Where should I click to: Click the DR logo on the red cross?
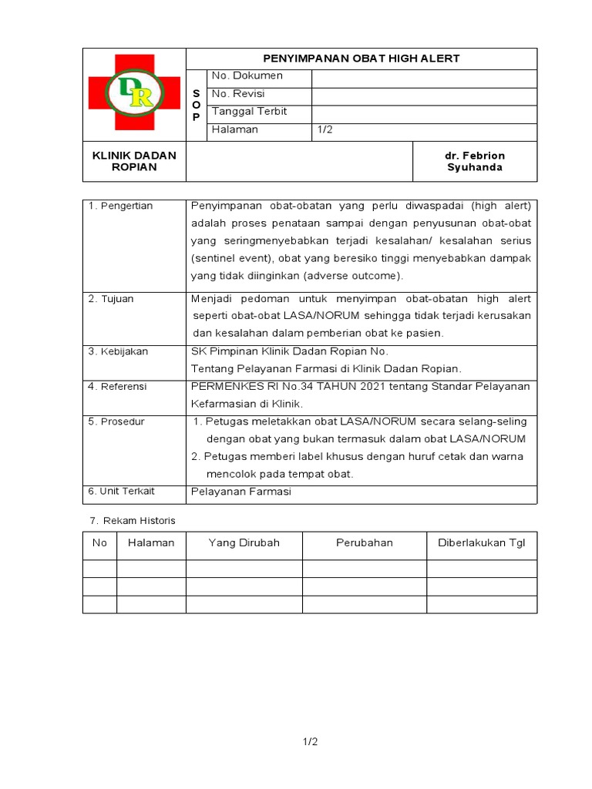[x=134, y=92]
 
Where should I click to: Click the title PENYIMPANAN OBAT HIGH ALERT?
[x=362, y=59]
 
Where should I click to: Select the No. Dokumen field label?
[x=247, y=76]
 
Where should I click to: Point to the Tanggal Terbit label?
[x=249, y=112]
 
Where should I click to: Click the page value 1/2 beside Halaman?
[x=325, y=129]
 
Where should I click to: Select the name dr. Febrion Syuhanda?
[x=476, y=161]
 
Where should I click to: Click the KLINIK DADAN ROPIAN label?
[x=134, y=161]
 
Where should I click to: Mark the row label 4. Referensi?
[x=117, y=387]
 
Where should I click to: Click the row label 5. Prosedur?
[x=116, y=422]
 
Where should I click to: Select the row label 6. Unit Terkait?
[x=121, y=492]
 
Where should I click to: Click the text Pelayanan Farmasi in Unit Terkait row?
[x=240, y=492]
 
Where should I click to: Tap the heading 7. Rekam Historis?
[x=131, y=521]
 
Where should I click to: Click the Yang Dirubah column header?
[x=244, y=543]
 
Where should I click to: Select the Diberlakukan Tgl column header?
[x=481, y=543]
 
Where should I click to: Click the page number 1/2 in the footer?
[x=310, y=742]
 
